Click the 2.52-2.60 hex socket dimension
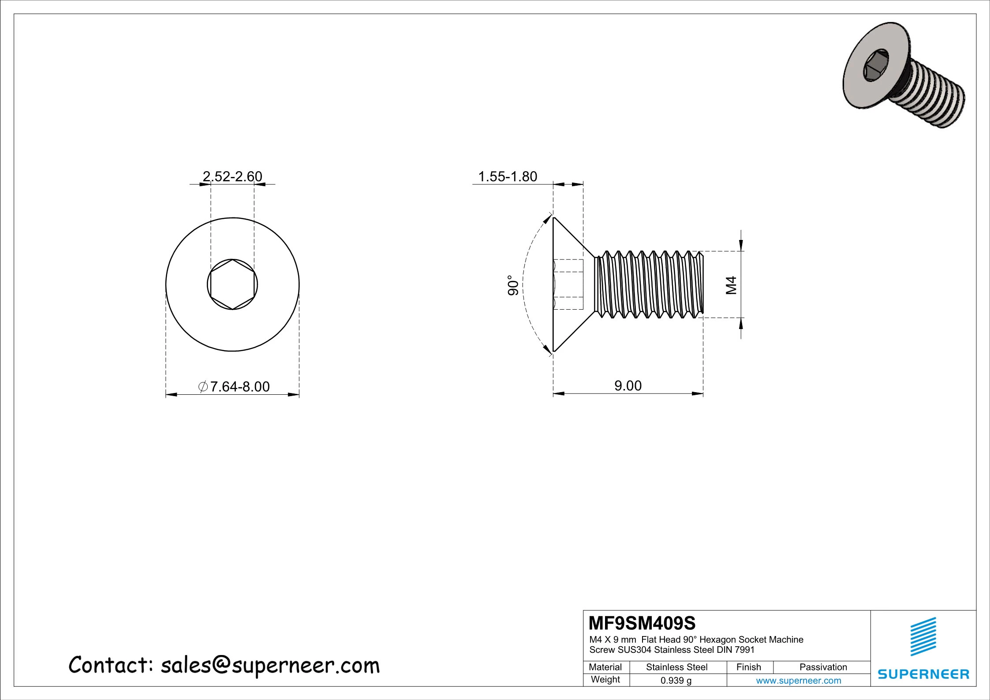(x=232, y=176)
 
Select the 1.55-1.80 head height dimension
(x=508, y=176)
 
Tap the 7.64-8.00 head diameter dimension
(x=234, y=386)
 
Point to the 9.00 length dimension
(x=628, y=386)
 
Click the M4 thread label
(x=731, y=285)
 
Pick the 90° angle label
(x=512, y=285)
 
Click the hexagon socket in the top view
(x=232, y=284)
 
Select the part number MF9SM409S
(x=642, y=623)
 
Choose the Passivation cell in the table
(x=823, y=667)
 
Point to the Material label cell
(x=605, y=667)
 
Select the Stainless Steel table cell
(x=676, y=667)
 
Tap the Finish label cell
(x=748, y=667)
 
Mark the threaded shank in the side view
(x=648, y=284)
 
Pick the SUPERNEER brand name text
(x=923, y=674)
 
